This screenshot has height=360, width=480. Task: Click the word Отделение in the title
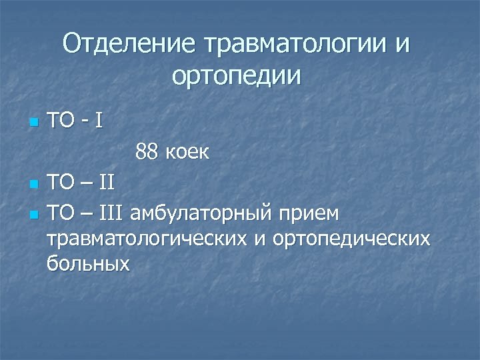(x=131, y=45)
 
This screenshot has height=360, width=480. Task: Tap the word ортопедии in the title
(x=236, y=75)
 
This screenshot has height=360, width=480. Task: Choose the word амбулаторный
(x=201, y=215)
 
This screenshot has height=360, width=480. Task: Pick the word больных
(x=88, y=263)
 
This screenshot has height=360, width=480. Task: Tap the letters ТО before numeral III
(x=61, y=214)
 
